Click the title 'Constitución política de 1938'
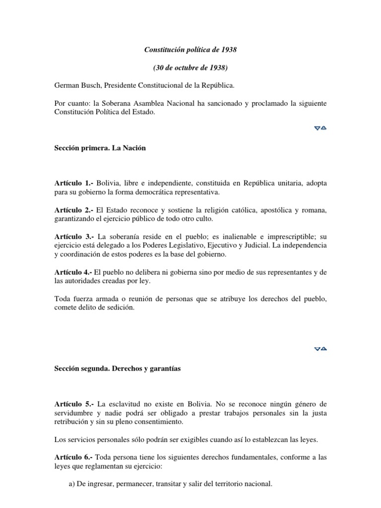click(x=190, y=50)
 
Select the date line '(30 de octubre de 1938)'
click(x=190, y=68)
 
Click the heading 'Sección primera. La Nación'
click(x=100, y=148)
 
